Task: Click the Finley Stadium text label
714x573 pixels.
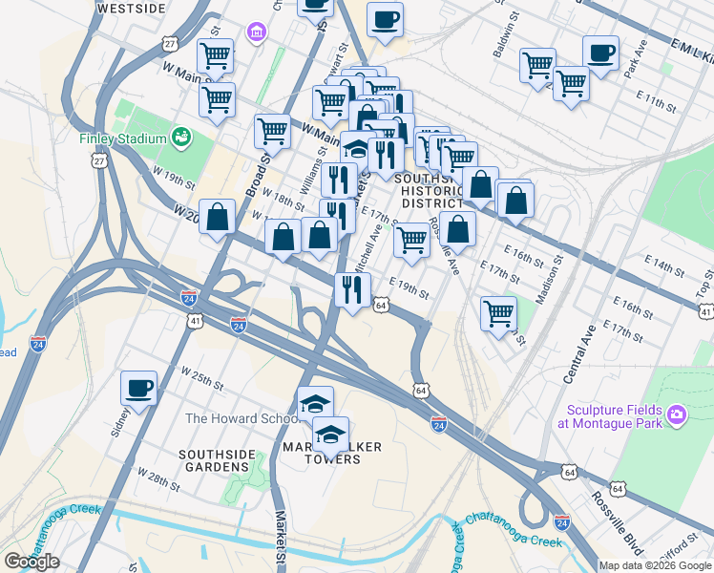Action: (x=122, y=138)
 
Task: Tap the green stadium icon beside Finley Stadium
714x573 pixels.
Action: (x=180, y=138)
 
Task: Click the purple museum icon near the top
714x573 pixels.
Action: (x=255, y=35)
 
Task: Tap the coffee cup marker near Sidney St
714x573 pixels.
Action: (x=139, y=388)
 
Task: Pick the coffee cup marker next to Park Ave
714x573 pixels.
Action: (x=601, y=53)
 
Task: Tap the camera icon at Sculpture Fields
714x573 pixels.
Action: (x=677, y=414)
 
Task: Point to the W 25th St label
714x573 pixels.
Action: (x=201, y=379)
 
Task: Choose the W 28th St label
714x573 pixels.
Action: (x=157, y=479)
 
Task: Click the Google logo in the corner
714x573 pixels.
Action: (x=31, y=562)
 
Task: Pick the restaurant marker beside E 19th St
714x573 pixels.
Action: (x=352, y=288)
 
